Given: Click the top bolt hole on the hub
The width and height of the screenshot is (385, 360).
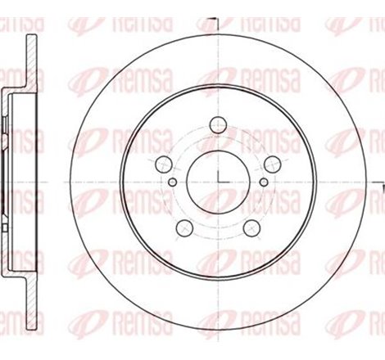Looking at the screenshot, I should (219, 125).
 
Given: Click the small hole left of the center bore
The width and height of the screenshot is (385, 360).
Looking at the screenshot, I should (173, 182).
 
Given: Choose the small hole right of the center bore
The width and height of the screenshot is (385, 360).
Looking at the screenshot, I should (265, 182).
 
